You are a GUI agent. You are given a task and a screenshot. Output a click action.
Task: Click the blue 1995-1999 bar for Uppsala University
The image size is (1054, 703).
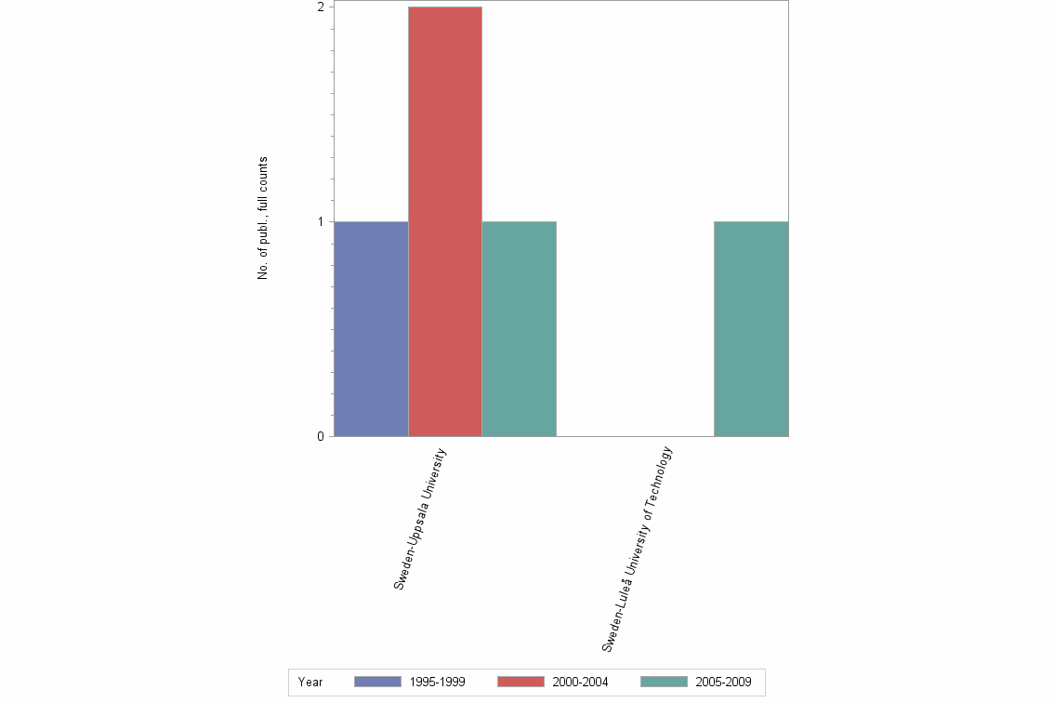[x=371, y=328]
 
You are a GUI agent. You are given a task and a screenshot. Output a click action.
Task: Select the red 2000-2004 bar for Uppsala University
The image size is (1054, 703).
[x=444, y=221]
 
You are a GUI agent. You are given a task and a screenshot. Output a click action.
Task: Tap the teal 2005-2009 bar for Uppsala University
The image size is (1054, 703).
[x=519, y=328]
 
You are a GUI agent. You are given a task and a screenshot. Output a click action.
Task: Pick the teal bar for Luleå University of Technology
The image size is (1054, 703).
[x=751, y=328]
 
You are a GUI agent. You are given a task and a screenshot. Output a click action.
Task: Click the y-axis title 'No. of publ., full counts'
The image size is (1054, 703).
[x=263, y=219]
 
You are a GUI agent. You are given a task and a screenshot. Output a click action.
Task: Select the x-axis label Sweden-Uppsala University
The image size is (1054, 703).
[x=420, y=518]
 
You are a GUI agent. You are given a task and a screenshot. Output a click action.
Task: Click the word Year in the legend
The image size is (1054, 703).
[x=310, y=683]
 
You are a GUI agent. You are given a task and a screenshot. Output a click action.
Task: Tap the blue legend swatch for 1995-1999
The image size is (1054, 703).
[x=377, y=683]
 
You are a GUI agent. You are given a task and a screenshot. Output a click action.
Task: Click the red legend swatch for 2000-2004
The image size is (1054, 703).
[x=520, y=683]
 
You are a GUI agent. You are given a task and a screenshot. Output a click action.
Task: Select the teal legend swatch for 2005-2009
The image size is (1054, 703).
[x=664, y=683]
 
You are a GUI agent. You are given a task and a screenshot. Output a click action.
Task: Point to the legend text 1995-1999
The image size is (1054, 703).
[x=438, y=683]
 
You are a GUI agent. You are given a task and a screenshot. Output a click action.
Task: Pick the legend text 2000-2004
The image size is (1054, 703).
[x=581, y=683]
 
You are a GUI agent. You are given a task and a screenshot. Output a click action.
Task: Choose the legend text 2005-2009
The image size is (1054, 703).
[x=724, y=683]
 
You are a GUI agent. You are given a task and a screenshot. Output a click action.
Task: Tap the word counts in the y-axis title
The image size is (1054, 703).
[x=263, y=173]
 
